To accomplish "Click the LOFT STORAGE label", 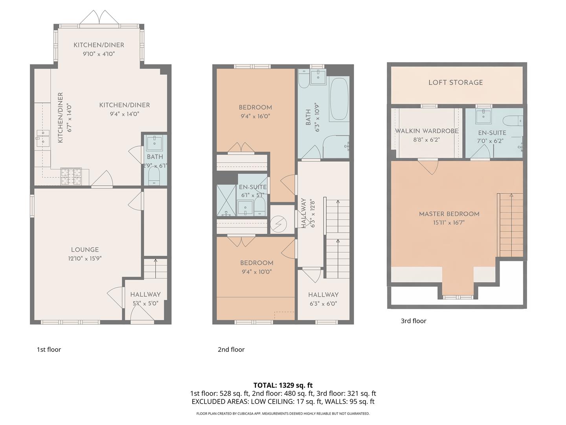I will point(455,82).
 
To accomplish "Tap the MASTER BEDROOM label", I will point(449,214).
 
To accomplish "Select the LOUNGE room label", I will point(85,250).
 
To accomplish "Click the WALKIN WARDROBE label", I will point(426,131).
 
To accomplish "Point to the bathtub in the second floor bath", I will point(339,99).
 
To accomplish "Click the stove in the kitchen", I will point(71,176).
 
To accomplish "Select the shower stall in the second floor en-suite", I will point(226,200).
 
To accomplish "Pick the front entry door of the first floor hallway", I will point(142,313).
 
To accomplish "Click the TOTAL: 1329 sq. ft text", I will point(283,385).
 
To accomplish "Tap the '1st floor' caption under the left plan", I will point(49,349).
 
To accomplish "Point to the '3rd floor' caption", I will point(413,321).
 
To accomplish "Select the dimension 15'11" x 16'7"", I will point(449,223).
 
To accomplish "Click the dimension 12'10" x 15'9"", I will point(85,259).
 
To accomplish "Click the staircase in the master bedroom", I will point(511,224).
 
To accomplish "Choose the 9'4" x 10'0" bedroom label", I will point(257,272).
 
